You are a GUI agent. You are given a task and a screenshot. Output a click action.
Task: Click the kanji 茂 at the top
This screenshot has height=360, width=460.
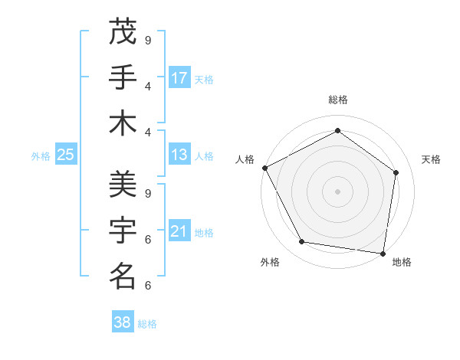[123, 32]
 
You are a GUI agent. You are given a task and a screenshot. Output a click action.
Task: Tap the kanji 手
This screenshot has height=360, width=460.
[123, 77]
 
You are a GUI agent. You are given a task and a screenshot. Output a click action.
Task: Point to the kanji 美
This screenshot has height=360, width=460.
[123, 185]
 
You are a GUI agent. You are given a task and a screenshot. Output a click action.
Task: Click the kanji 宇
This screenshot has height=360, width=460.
[123, 231]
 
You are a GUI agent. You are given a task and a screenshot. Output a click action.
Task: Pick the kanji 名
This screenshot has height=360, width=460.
[123, 276]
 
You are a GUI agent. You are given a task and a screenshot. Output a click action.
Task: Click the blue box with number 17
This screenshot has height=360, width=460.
[179, 77]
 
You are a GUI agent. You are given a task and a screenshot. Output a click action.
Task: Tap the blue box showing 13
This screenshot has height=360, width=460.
[179, 155]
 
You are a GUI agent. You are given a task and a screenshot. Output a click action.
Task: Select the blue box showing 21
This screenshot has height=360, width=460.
[179, 231]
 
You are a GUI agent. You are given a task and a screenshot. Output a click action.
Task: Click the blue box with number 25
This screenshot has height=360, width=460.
[66, 155]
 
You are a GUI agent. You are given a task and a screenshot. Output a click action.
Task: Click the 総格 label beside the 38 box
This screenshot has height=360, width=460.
[147, 324]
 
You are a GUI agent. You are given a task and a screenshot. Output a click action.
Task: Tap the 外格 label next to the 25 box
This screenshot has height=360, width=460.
[41, 155]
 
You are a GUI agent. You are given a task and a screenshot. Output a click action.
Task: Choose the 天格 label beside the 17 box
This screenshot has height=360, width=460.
[204, 79]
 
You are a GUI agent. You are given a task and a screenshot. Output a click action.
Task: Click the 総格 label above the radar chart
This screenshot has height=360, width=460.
[338, 100]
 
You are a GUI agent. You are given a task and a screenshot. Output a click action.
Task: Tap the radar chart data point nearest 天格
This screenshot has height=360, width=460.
[396, 172]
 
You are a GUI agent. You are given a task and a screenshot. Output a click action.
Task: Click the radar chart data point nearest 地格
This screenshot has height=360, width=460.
[383, 253]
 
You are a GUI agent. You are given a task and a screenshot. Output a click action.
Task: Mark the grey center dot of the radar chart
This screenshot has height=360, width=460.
[337, 191]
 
